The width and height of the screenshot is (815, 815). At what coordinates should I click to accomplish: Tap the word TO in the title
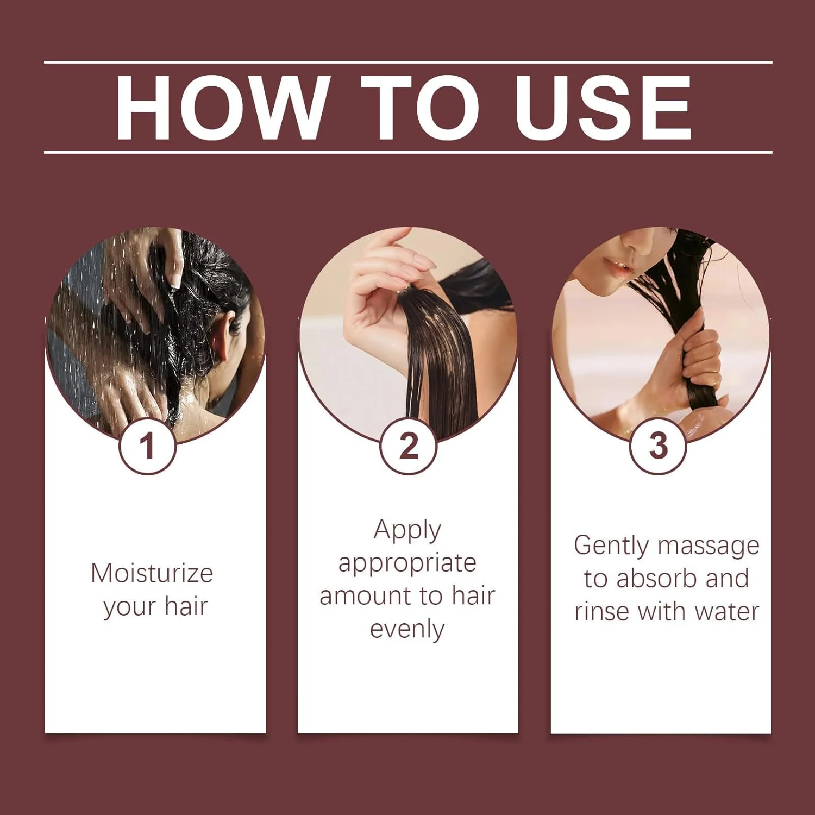(x=421, y=108)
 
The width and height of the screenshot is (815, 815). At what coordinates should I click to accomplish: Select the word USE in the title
(x=604, y=108)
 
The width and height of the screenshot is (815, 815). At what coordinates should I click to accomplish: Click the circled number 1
(x=147, y=446)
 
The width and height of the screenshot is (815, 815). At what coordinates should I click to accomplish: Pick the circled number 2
(x=408, y=446)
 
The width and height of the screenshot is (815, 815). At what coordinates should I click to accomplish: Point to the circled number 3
(x=658, y=446)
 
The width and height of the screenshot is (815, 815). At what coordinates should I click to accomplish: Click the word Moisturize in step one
(x=152, y=573)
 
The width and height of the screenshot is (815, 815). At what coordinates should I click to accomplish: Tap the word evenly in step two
(x=407, y=630)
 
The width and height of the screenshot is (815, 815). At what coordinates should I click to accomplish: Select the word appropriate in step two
(x=407, y=565)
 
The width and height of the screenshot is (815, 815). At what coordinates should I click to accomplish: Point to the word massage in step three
(x=705, y=546)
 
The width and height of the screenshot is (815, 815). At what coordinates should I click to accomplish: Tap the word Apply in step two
(x=407, y=530)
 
